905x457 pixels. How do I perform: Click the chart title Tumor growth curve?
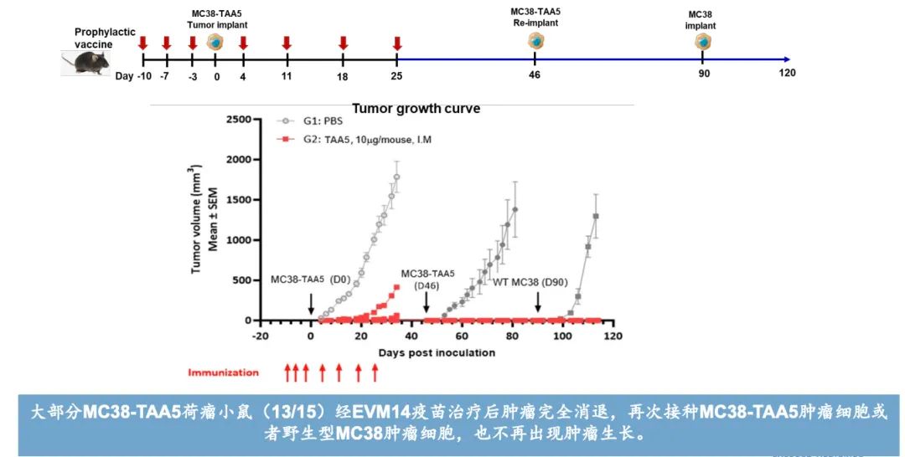click(x=416, y=109)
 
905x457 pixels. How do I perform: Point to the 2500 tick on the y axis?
click(x=238, y=120)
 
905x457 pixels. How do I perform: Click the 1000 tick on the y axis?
click(x=238, y=240)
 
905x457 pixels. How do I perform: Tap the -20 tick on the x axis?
click(x=260, y=336)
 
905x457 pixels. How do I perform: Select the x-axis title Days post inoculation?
click(x=436, y=352)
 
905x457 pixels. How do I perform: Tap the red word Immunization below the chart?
click(x=223, y=372)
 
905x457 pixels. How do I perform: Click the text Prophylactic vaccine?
click(x=105, y=38)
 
